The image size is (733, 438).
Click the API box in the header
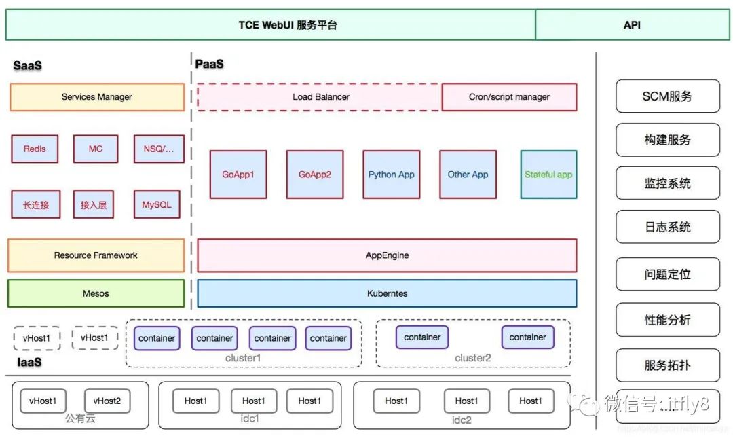click(632, 25)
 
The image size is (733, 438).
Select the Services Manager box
click(97, 97)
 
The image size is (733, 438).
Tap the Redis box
click(35, 149)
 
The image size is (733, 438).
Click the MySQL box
click(157, 204)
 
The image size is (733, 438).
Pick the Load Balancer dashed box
click(320, 97)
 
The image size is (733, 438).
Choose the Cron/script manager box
click(509, 97)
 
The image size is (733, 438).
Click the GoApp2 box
click(315, 175)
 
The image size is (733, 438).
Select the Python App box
click(392, 175)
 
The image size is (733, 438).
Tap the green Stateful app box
click(548, 175)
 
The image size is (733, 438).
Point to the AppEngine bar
click(387, 255)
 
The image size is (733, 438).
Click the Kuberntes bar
click(387, 293)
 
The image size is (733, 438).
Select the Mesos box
click(96, 293)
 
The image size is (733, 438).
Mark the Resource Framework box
click(96, 255)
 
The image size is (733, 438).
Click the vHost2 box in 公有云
click(107, 401)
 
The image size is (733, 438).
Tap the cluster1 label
click(243, 358)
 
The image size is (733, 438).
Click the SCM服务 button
click(667, 96)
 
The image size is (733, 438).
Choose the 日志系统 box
click(667, 227)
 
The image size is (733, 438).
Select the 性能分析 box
click(667, 320)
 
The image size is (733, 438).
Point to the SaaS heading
click(28, 66)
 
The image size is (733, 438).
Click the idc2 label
click(462, 420)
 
